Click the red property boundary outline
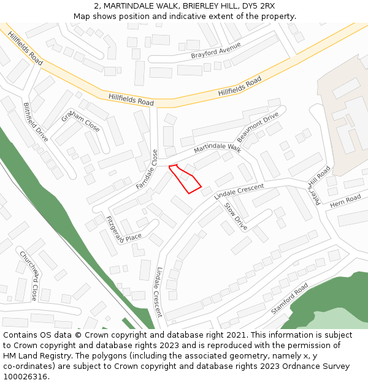point(185,178)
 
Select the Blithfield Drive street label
point(35,122)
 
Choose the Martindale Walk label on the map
point(218,148)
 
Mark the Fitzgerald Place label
point(123,229)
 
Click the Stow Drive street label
point(236,217)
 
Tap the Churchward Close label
point(28,275)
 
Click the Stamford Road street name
point(289,299)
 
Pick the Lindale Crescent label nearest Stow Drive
point(239,191)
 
